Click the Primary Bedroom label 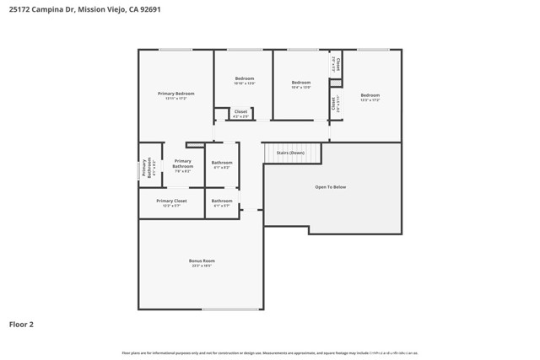[175, 95]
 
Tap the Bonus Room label [201, 263]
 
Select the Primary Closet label [171, 203]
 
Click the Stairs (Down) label [291, 153]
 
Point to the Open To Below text [330, 187]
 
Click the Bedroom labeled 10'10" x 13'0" [244, 81]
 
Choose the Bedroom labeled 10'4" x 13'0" [300, 84]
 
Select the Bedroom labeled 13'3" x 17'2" [370, 97]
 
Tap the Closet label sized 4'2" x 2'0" [240, 114]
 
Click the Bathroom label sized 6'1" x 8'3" [222, 164]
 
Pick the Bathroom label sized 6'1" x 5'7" [222, 203]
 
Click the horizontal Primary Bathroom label [182, 164]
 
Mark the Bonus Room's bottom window [230, 309]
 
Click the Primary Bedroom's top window [175, 50]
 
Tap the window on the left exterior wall [139, 169]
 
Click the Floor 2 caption [21, 324]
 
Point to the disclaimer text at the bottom [270, 352]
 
